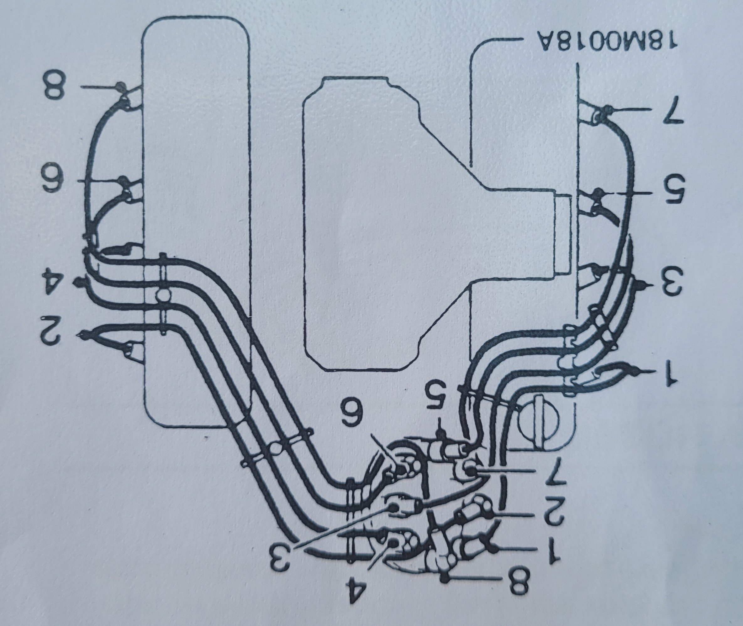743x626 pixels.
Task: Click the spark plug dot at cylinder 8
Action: tap(121, 86)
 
